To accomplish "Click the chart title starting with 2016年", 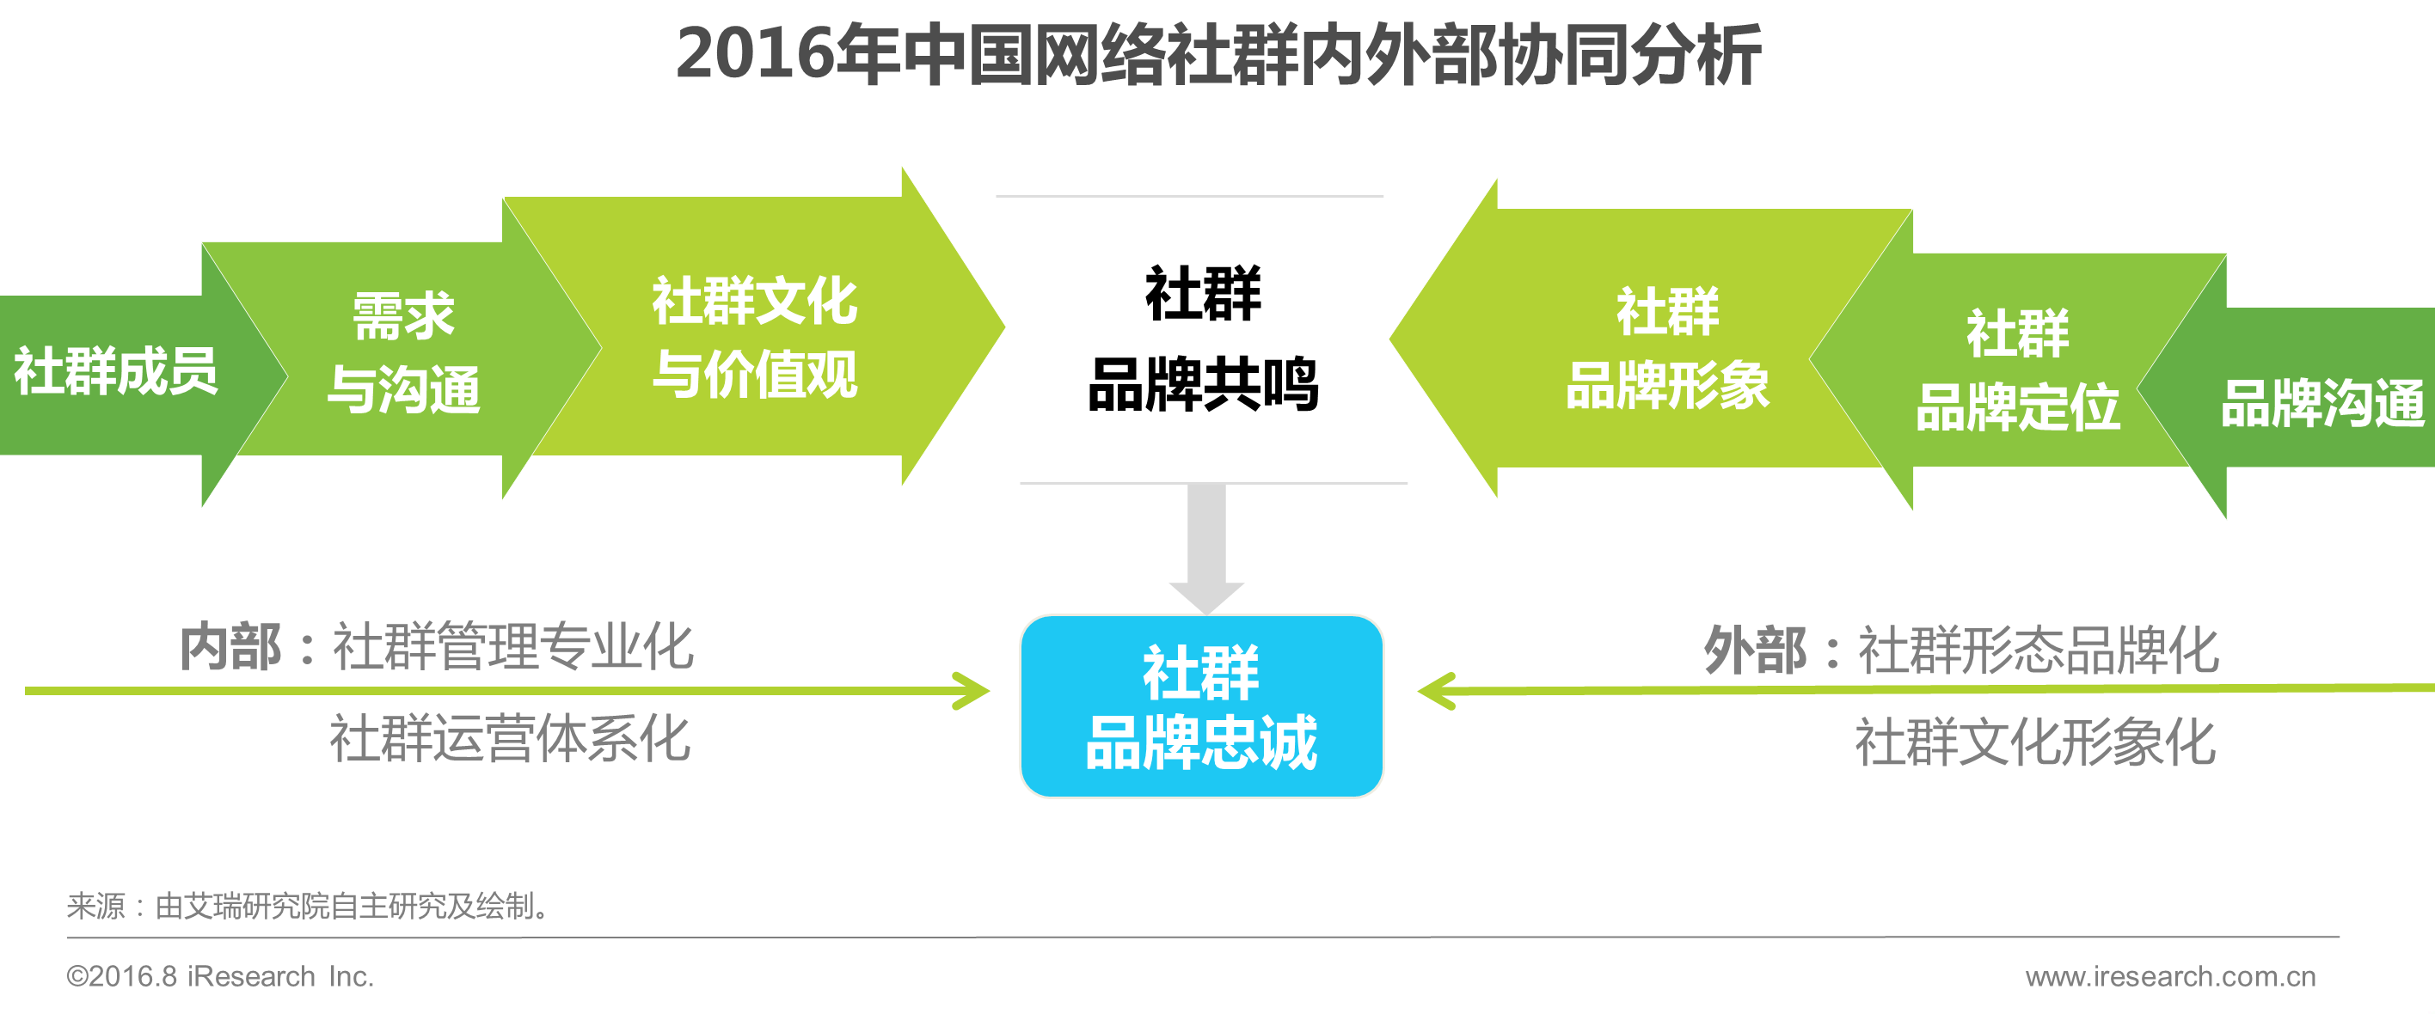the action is (x=1217, y=55).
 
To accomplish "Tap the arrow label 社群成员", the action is (x=115, y=371).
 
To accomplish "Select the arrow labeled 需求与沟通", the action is (x=403, y=352).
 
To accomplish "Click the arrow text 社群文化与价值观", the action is (x=754, y=338).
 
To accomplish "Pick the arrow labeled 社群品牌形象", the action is (x=1667, y=349).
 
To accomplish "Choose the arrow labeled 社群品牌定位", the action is (x=2017, y=370).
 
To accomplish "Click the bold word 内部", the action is (x=230, y=648).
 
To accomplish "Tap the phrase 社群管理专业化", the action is (x=512, y=648).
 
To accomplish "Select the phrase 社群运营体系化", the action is (x=510, y=739).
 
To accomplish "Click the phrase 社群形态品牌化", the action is (x=2038, y=651).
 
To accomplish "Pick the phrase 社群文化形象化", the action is (x=2035, y=742).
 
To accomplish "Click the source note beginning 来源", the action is (x=308, y=907).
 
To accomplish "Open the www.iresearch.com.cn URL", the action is (x=2170, y=976).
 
